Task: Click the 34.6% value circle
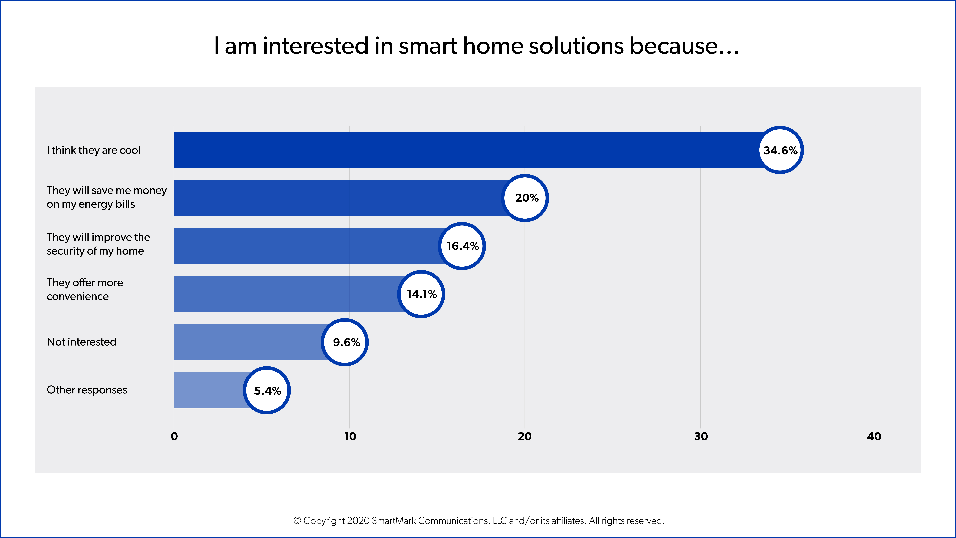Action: pyautogui.click(x=780, y=150)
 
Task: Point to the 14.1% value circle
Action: pyautogui.click(x=421, y=294)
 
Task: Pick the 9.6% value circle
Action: pyautogui.click(x=345, y=342)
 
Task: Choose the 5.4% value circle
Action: pyautogui.click(x=267, y=390)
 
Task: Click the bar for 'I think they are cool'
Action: pyautogui.click(x=464, y=150)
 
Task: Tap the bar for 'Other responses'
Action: pyautogui.click(x=208, y=390)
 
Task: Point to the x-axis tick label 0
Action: pyautogui.click(x=174, y=437)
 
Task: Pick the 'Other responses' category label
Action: pyautogui.click(x=87, y=390)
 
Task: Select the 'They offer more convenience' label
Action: pyautogui.click(x=85, y=289)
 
